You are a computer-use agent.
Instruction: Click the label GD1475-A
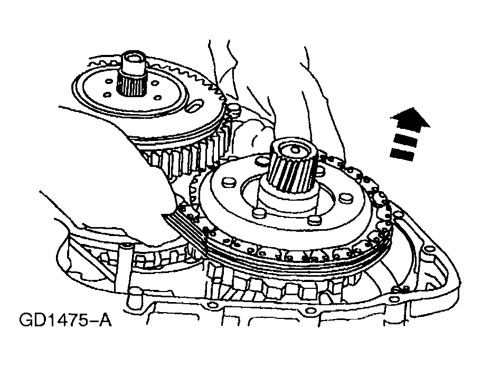click(65, 321)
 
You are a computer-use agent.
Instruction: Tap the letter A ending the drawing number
click(105, 321)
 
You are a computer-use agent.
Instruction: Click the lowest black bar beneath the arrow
click(403, 154)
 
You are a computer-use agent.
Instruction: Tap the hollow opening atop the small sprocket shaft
click(134, 58)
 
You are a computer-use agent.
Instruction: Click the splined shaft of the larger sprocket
click(293, 167)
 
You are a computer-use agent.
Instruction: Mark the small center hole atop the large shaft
click(294, 150)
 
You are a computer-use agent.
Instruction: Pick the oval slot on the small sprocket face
click(196, 106)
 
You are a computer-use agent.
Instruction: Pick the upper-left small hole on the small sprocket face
click(108, 82)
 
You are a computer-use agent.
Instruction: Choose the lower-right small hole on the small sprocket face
click(158, 98)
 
